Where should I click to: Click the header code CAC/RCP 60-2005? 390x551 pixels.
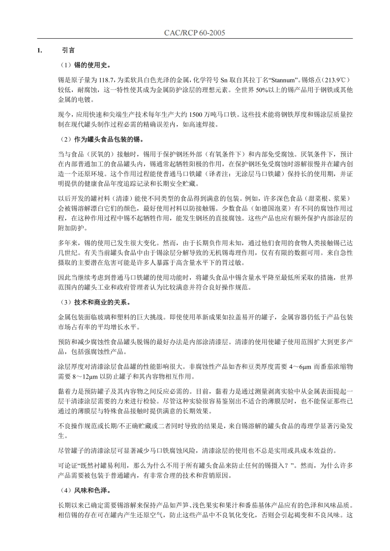[x=195, y=33]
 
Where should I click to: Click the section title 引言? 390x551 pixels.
[x=68, y=51]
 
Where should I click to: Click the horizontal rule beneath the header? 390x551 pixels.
[x=195, y=39]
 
